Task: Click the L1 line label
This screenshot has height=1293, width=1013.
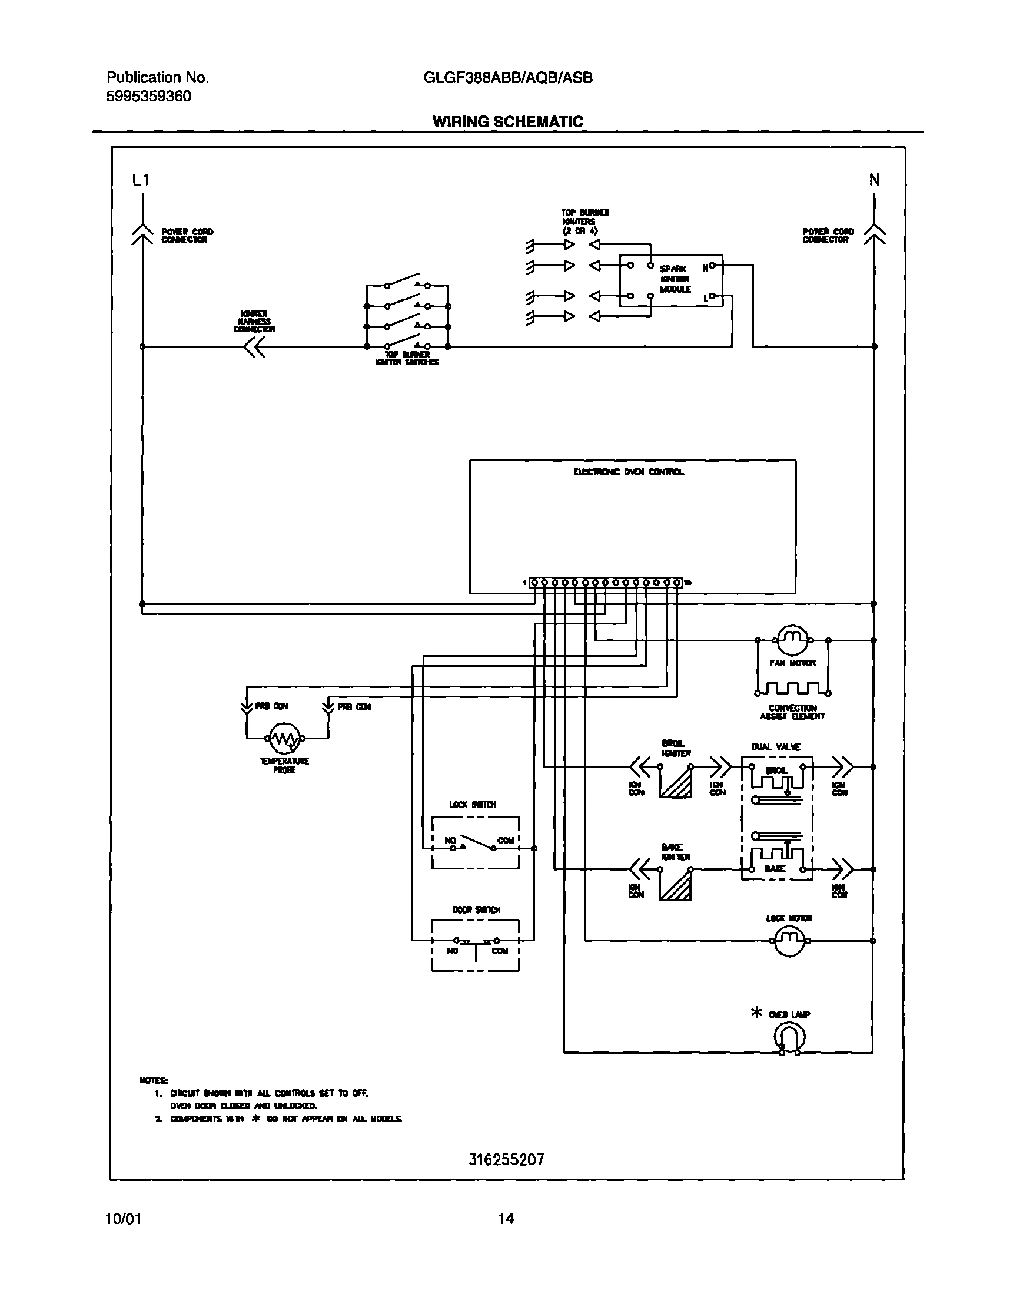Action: point(141,180)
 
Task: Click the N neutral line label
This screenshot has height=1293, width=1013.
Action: point(874,180)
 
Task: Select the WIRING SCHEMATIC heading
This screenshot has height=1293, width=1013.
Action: point(508,122)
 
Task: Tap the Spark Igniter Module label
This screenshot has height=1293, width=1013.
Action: point(675,279)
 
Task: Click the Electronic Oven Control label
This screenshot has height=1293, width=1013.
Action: point(629,472)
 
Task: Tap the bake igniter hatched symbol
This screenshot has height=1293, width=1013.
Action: point(676,884)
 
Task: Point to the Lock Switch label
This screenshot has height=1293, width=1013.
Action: point(473,804)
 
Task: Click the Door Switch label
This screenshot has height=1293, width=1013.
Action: point(476,910)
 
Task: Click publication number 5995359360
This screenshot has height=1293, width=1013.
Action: point(149,97)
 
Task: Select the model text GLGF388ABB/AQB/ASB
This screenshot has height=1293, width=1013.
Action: point(508,78)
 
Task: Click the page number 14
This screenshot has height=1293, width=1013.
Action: point(506,1219)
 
